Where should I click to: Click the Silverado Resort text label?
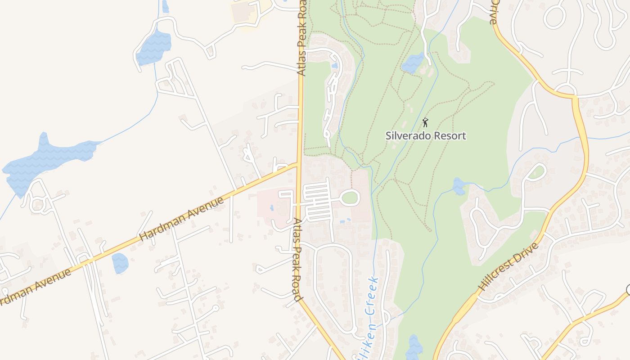click(x=426, y=135)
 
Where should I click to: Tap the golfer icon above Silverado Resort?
click(x=425, y=122)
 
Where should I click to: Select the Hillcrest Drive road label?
click(x=508, y=266)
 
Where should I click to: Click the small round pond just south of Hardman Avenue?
click(x=120, y=263)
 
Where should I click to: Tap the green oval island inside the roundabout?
click(x=350, y=197)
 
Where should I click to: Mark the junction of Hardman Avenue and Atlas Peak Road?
click(x=298, y=164)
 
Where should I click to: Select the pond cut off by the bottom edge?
click(x=414, y=349)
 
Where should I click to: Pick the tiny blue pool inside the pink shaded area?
click(x=272, y=208)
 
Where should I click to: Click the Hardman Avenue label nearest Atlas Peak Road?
click(x=182, y=220)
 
